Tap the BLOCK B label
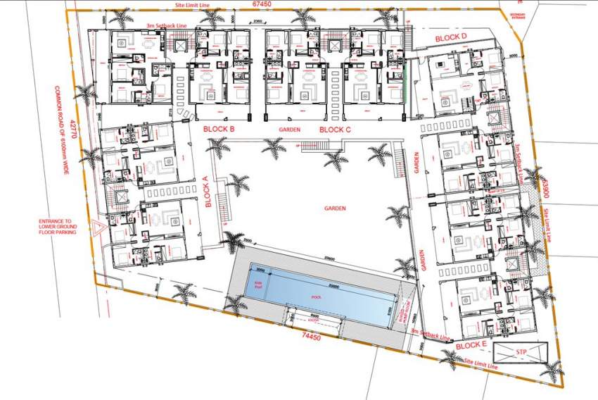click(219, 130)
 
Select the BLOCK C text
click(335, 130)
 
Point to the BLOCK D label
click(451, 37)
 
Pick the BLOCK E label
click(471, 346)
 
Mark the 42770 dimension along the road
click(73, 135)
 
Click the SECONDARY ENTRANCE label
click(517, 15)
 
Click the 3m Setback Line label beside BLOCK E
click(430, 333)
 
